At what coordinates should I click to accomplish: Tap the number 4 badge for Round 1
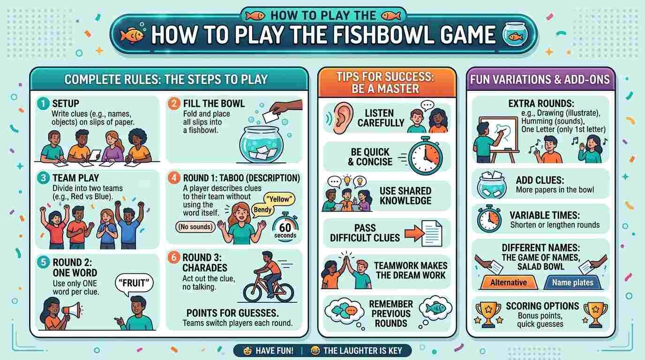(174, 178)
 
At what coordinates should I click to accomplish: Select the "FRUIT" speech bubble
(134, 284)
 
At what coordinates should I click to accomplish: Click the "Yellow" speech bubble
(279, 199)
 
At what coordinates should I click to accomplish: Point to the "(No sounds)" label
(195, 227)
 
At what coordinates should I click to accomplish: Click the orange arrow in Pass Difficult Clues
(415, 233)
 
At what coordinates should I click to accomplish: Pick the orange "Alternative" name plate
(509, 283)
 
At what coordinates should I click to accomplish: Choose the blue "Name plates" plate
(573, 283)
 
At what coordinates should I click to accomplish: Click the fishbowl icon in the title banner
(515, 34)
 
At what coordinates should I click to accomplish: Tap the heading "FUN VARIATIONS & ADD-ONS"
(540, 80)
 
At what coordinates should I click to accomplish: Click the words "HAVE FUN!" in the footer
(274, 351)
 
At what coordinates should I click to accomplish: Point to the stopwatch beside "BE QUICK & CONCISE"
(425, 156)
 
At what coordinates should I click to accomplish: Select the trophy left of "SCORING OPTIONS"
(488, 314)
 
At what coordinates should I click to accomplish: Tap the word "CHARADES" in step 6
(205, 268)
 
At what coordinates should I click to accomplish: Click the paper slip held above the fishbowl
(270, 117)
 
